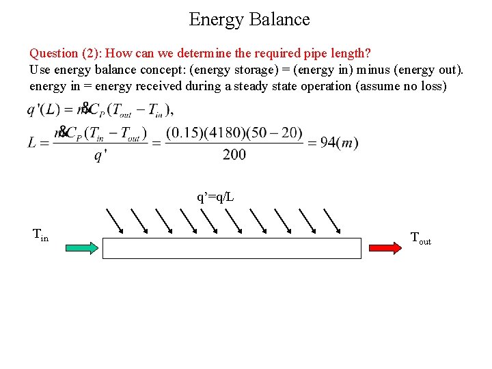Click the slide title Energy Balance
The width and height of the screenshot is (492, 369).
(x=249, y=19)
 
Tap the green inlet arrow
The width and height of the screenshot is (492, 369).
(x=83, y=247)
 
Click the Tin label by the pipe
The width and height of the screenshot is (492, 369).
(x=40, y=236)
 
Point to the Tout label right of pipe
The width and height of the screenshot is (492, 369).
(x=420, y=238)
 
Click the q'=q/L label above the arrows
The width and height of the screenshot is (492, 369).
(x=215, y=197)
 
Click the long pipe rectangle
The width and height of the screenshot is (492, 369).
(x=231, y=247)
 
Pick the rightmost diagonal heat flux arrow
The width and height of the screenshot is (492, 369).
(x=332, y=219)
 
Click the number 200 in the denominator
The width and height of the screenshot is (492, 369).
(x=234, y=155)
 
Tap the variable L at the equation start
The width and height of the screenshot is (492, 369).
(x=33, y=142)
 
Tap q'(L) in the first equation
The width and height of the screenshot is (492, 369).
(x=45, y=109)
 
